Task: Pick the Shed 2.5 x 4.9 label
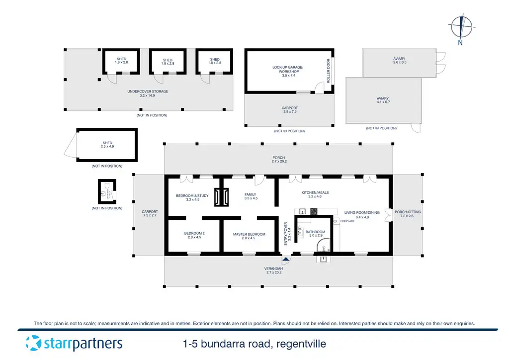107,145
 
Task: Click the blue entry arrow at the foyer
285,259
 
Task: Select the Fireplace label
347,221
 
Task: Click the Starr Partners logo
74,343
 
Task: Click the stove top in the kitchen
314,211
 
